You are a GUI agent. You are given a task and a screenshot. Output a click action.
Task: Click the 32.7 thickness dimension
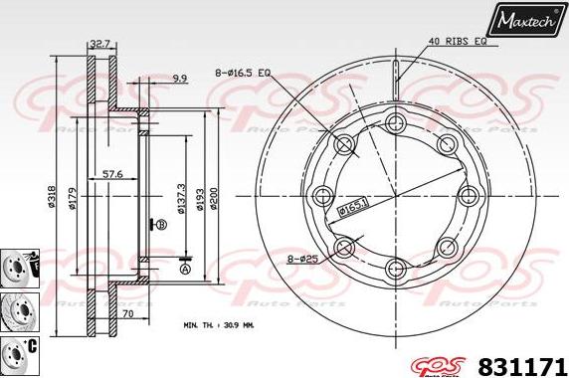coord(99,44)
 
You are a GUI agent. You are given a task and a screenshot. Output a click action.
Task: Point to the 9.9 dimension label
coord(179,78)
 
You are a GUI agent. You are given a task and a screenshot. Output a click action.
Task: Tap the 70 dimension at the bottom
coord(128,313)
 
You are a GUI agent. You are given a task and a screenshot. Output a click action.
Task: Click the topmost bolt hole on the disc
coord(396,122)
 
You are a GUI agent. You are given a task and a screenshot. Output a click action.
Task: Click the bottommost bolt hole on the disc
coord(396,267)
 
